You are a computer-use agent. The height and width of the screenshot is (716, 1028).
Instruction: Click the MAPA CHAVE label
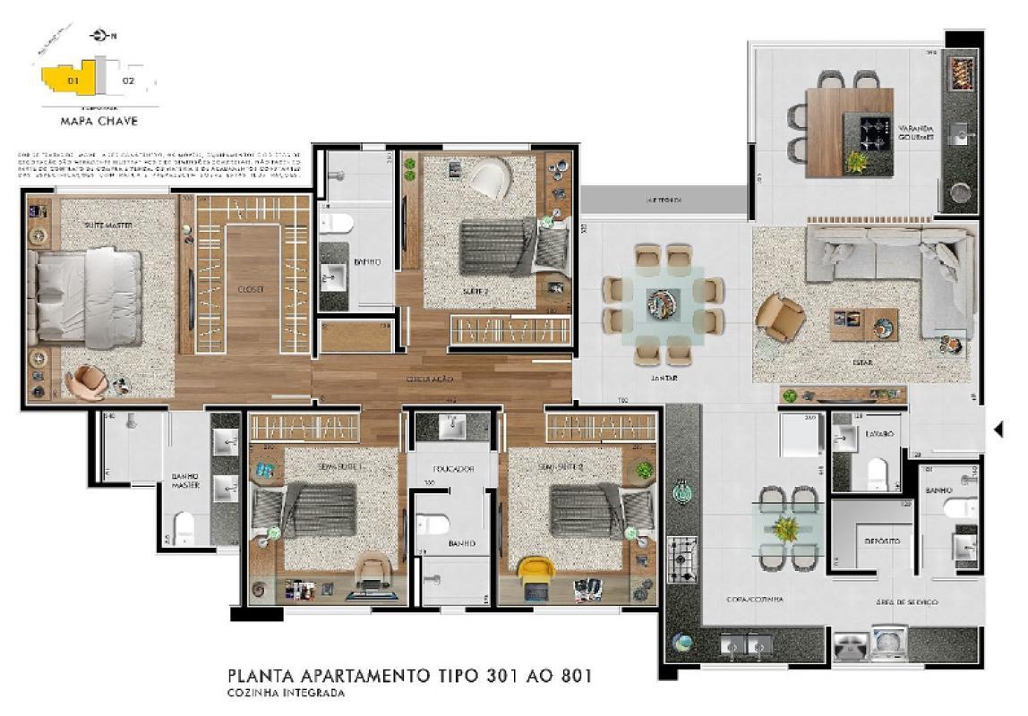tap(99, 120)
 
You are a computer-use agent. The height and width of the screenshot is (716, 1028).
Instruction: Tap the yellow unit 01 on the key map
tap(75, 81)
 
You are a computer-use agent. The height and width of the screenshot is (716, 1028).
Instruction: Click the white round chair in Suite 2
tap(490, 179)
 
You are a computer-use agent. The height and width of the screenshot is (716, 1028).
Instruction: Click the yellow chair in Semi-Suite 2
tap(536, 570)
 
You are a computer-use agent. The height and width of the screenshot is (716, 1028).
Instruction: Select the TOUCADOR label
tap(452, 469)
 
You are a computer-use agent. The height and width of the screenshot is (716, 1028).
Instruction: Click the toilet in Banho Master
tap(185, 527)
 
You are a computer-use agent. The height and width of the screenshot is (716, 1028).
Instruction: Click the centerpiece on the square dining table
tap(664, 303)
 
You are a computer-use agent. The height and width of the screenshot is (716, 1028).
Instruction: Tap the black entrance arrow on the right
tap(998, 430)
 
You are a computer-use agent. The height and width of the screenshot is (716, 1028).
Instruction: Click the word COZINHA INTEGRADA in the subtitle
tap(285, 692)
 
